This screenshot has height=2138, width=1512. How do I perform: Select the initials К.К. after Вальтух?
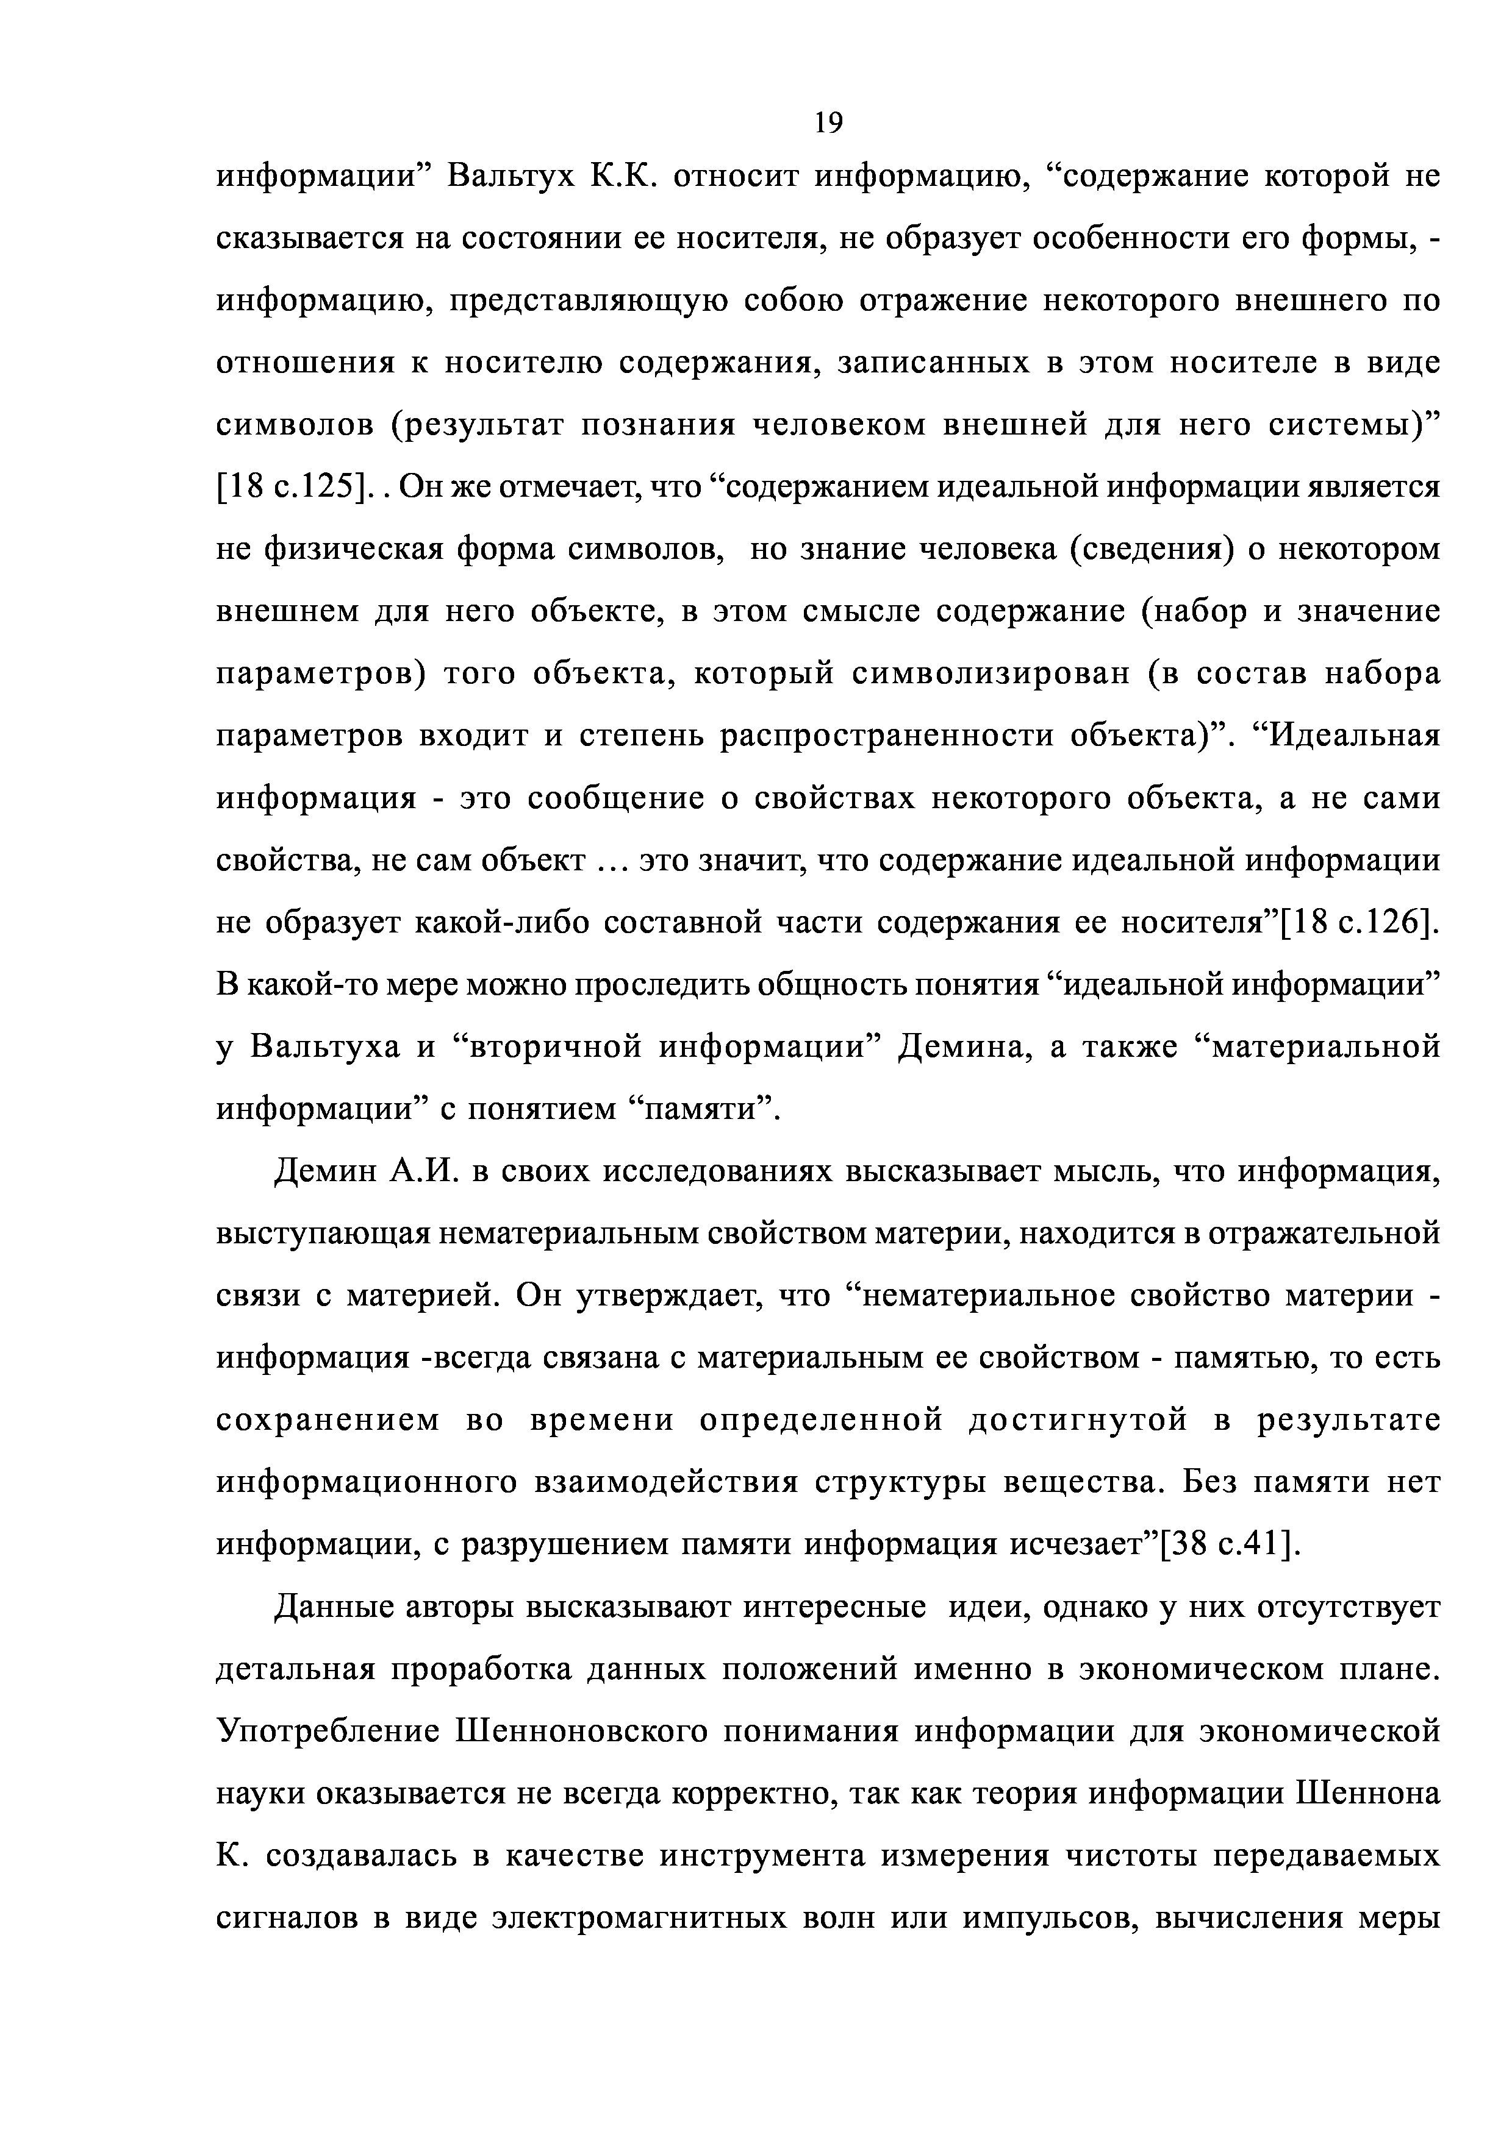tap(624, 176)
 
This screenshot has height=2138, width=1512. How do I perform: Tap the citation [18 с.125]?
tap(291, 486)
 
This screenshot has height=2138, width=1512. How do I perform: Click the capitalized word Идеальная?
tap(1355, 736)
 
